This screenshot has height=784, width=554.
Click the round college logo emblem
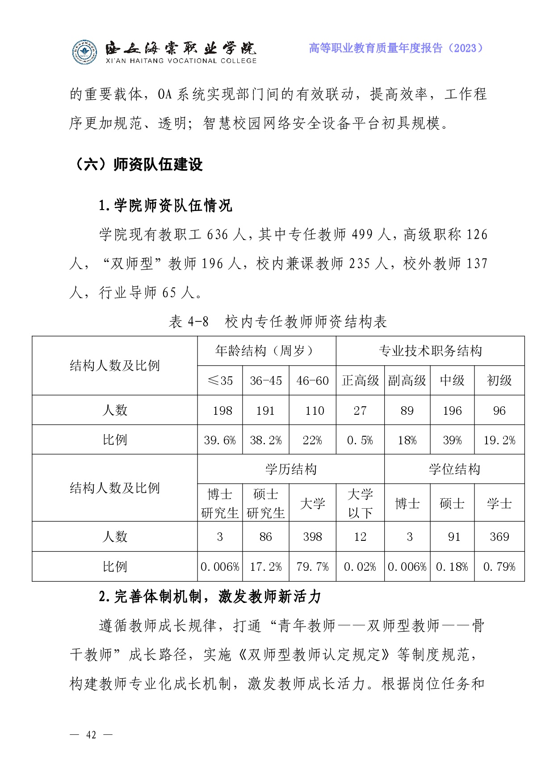pos(84,52)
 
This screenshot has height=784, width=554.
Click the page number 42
pos(91,735)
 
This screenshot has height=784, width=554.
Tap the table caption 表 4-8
pos(189,321)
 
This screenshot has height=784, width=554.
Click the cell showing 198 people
pos(222,410)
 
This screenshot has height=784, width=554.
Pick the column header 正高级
pos(360,380)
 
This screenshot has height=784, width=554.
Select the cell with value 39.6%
pos(220,440)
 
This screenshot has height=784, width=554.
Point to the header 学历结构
pos(291,469)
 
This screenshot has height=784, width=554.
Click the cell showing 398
pos(312,536)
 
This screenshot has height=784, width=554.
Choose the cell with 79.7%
pos(312,567)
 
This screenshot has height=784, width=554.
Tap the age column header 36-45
pos(266,380)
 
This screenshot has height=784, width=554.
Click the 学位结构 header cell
pos(454,469)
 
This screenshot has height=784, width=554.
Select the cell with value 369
pos(499,536)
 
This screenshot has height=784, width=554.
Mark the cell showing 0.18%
pos(452,567)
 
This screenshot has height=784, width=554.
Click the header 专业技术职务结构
pos(430,351)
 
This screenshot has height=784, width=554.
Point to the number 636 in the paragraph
pos(218,235)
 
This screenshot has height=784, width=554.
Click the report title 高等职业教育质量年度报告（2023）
pos(396,48)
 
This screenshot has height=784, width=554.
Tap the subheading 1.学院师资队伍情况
pos(165,206)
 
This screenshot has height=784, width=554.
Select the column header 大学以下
pos(360,503)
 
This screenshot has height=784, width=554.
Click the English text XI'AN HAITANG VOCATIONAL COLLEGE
pos(181,61)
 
